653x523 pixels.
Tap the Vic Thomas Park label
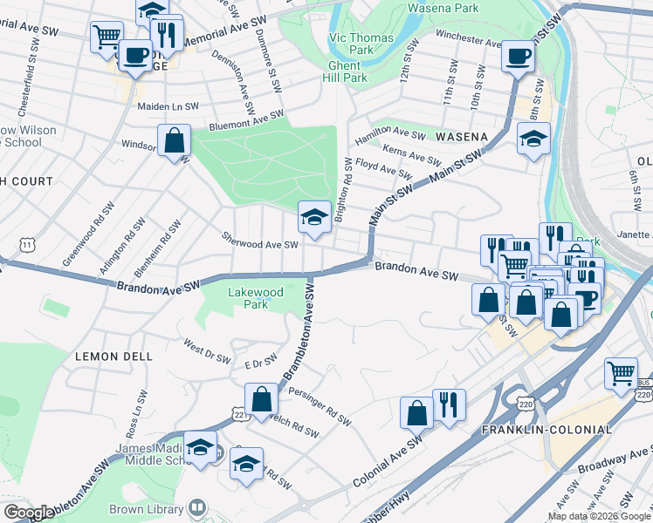(361, 44)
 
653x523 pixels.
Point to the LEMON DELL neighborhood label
(114, 357)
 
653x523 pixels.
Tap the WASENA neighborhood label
(467, 138)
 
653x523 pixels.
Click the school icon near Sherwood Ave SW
(313, 218)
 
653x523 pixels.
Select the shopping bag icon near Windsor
(175, 140)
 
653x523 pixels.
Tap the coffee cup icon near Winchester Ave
(517, 58)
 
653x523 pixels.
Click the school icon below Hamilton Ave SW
(533, 139)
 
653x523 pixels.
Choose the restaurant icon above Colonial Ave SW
(449, 404)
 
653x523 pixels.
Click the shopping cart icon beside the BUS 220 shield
(621, 373)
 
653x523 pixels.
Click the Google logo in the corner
(29, 513)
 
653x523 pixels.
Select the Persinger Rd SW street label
(319, 407)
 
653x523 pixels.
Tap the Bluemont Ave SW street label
(247, 119)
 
